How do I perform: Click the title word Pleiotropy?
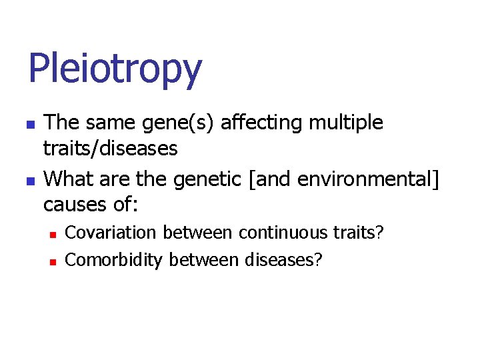[115, 70]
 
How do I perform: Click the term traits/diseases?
[111, 148]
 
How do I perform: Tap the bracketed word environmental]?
[369, 179]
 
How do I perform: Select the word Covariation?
[111, 233]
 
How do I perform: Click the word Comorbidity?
[114, 259]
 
